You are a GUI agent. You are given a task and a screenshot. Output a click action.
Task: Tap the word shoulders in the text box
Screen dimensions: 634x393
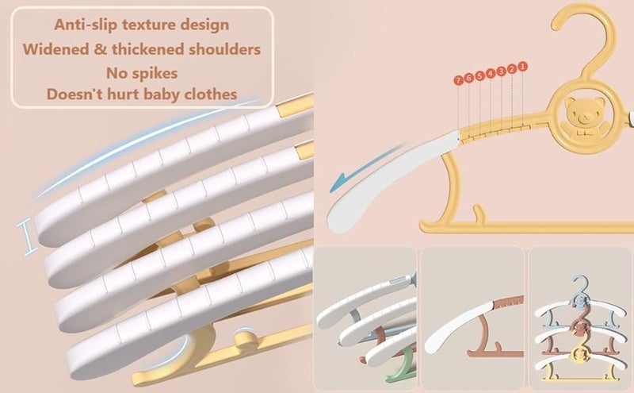(225, 49)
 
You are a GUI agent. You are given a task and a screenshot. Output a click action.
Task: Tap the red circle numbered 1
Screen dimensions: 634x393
(522, 66)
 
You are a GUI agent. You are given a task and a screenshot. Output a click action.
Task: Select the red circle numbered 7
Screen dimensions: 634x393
(458, 80)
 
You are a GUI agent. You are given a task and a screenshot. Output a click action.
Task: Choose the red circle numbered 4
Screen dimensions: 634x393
(491, 73)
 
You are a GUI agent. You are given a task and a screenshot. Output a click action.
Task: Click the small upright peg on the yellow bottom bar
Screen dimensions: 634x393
(479, 214)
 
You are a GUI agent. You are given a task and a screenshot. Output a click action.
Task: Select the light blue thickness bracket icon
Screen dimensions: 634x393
(27, 237)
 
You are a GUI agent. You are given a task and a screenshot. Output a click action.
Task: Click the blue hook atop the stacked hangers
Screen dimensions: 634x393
(580, 285)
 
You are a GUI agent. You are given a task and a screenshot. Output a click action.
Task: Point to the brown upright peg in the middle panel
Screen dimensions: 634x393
(497, 347)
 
